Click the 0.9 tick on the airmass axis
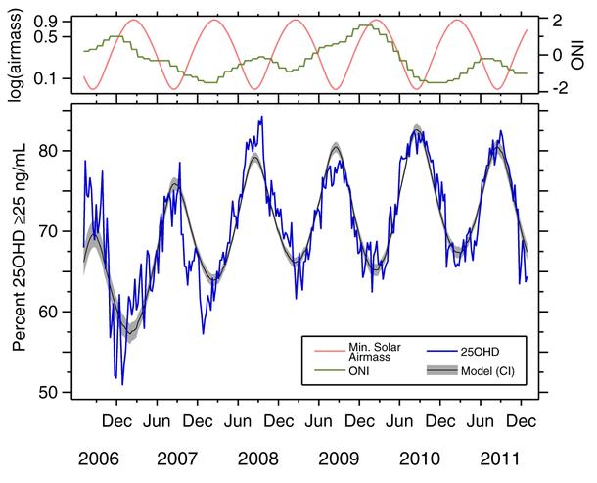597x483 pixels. click(56, 21)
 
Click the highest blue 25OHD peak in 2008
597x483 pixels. click(261, 118)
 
